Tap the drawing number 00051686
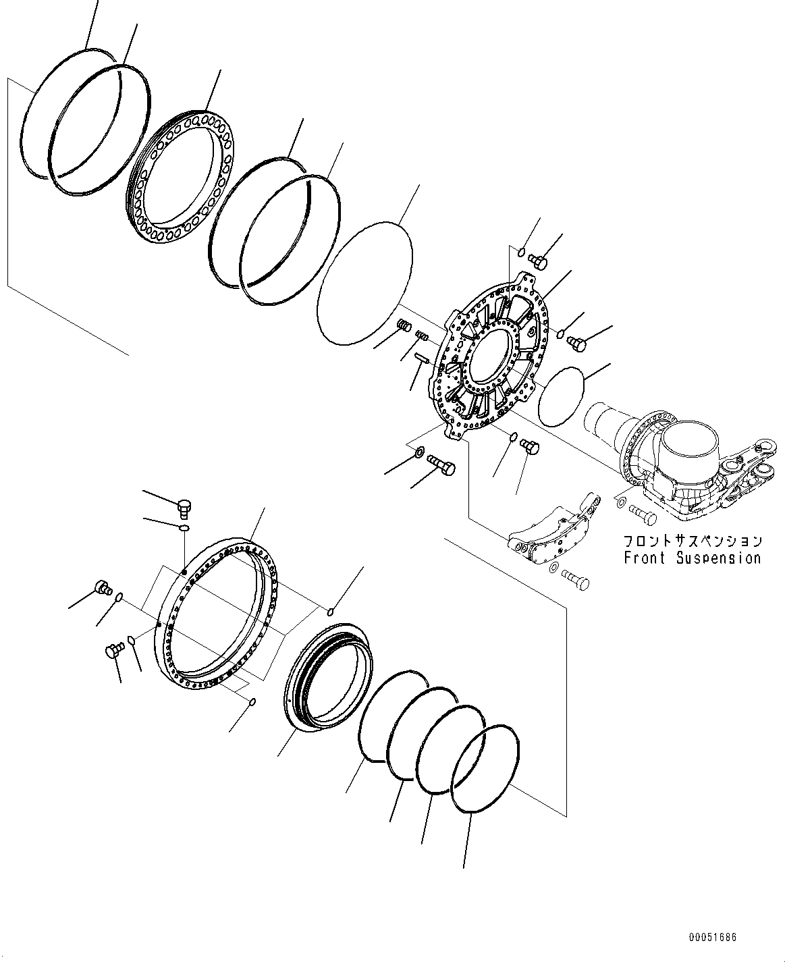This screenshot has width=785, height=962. coord(712,938)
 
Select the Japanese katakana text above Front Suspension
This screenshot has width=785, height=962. coord(692,541)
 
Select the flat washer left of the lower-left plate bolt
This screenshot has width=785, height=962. coord(418,451)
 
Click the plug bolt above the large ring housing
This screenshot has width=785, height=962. coord(184,506)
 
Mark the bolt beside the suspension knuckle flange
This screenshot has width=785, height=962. coord(643,514)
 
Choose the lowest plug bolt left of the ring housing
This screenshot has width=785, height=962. coord(113,650)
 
